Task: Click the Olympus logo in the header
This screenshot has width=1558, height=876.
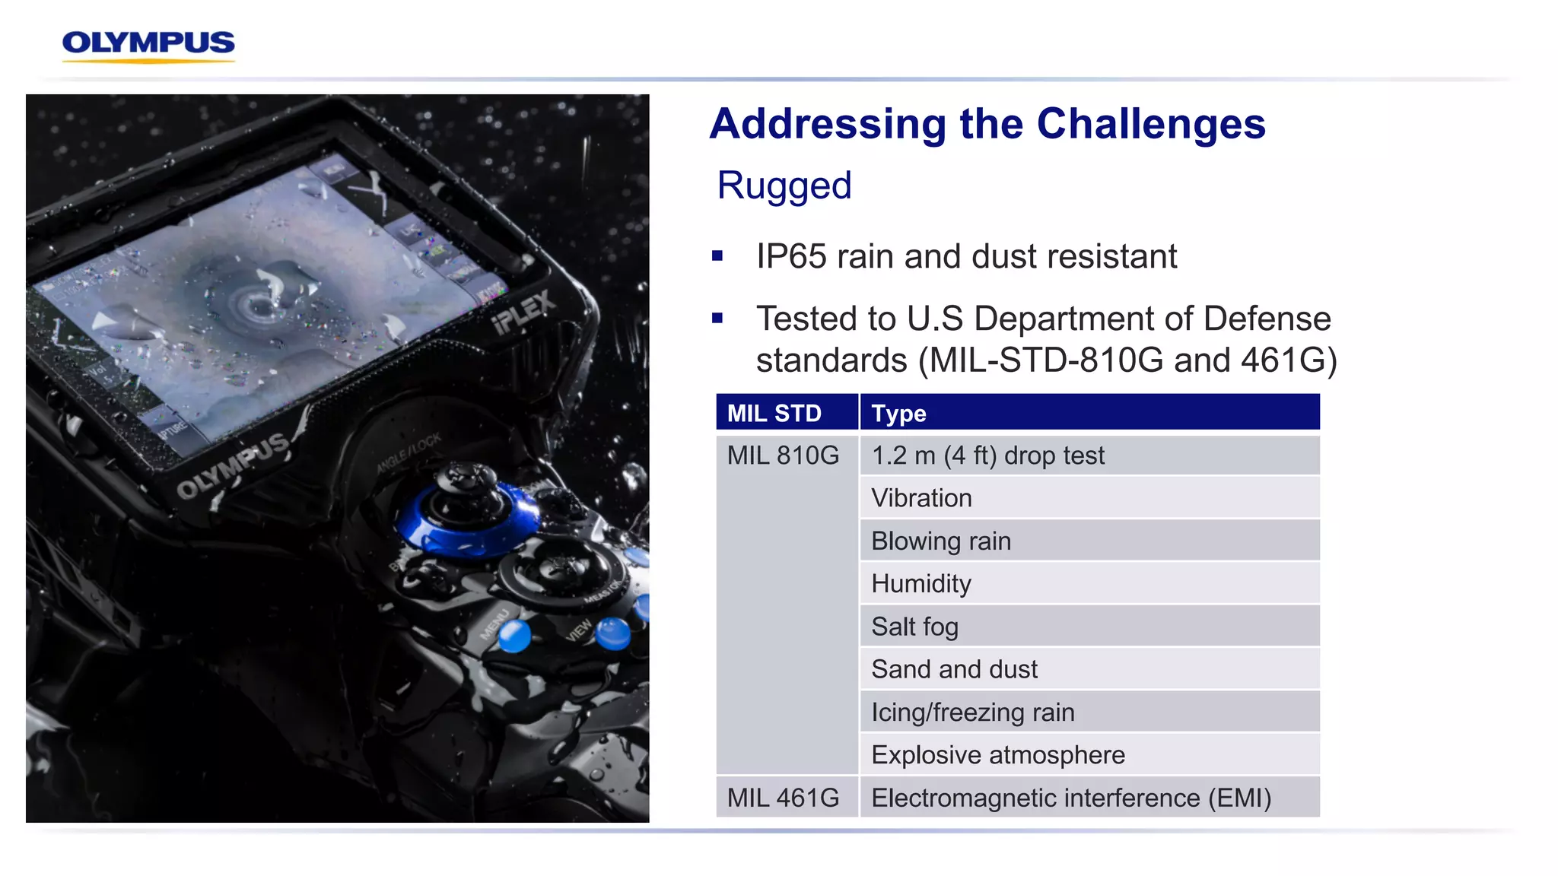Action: [148, 44]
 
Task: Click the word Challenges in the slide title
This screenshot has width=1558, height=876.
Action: [1150, 124]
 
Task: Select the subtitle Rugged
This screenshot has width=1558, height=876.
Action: [784, 186]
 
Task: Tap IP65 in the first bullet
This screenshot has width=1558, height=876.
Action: [790, 257]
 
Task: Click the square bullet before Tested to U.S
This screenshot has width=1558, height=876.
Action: [717, 319]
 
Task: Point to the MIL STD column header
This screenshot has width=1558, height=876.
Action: [774, 413]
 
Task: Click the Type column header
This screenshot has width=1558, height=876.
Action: [898, 413]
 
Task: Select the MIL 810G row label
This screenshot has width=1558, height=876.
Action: [783, 455]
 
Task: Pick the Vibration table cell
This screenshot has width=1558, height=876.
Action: [921, 498]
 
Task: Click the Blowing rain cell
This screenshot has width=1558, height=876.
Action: [941, 541]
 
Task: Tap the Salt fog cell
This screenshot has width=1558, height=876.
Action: [914, 627]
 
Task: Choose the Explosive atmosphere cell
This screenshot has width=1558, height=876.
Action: [997, 755]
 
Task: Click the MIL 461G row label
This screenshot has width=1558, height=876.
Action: [783, 798]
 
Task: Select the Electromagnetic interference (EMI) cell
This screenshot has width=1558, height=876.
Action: [1070, 798]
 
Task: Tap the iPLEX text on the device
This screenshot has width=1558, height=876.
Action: [524, 312]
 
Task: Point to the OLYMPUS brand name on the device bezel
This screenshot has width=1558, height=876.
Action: [233, 465]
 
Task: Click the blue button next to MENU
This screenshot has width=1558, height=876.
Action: [515, 636]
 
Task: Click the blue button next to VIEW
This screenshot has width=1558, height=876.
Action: [612, 633]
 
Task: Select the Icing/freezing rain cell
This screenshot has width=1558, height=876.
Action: [972, 713]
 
